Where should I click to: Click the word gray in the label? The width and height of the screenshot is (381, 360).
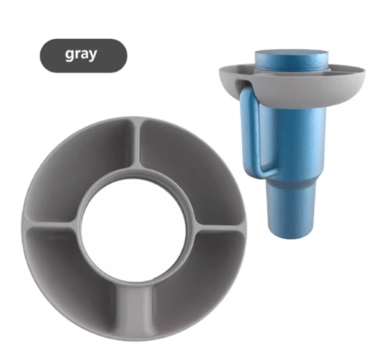click(81, 54)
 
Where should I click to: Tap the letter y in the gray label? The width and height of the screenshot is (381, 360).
click(93, 56)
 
